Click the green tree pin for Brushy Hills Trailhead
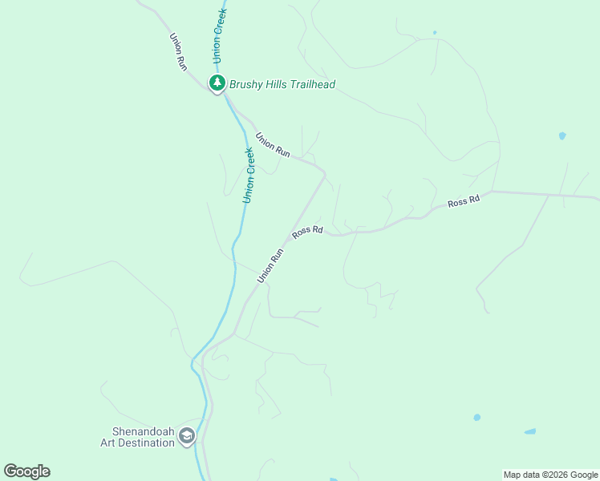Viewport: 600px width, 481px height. click(x=217, y=83)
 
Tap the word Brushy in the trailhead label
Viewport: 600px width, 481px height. click(x=248, y=84)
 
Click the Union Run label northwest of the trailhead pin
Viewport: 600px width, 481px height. click(x=178, y=52)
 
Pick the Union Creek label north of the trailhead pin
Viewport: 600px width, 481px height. click(x=219, y=36)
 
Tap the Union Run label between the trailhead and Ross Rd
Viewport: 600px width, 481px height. click(x=273, y=144)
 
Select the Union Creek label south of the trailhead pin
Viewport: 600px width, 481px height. click(x=249, y=174)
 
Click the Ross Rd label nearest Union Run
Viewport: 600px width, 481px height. click(x=307, y=231)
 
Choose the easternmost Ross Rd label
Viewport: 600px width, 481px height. click(x=464, y=202)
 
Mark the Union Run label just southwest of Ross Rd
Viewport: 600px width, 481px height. click(x=271, y=265)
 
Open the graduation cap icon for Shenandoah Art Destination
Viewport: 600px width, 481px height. click(x=187, y=437)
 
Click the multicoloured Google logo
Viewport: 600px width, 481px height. click(x=26, y=471)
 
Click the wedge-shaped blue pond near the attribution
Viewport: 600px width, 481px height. click(x=529, y=432)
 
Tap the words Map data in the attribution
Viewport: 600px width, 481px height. click(x=520, y=475)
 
